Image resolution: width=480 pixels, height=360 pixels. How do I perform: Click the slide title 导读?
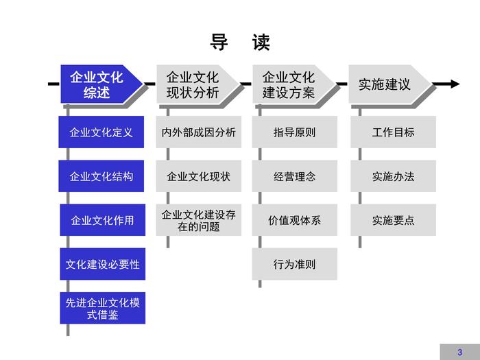coord(240,43)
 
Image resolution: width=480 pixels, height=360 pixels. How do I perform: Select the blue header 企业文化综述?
coord(97,84)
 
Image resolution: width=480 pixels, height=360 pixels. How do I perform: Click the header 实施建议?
coord(385,84)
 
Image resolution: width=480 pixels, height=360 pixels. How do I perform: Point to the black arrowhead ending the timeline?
coord(454,84)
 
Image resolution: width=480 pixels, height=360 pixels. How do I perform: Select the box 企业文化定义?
coord(102,132)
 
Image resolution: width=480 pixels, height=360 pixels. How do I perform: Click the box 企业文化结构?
coord(102,176)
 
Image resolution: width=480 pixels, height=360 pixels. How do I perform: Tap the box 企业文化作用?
coord(102,220)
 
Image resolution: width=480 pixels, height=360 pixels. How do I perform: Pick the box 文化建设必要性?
coord(102,264)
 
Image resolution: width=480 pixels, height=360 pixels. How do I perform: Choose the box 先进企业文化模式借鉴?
coord(102,308)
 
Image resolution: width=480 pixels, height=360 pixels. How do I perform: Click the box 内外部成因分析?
coord(199,132)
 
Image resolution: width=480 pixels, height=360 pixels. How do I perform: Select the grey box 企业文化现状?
coord(199,176)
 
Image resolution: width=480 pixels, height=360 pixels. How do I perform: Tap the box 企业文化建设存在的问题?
coord(199,220)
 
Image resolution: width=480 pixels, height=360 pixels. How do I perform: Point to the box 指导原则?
coord(295,132)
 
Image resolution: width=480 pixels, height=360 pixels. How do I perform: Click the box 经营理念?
coord(295,176)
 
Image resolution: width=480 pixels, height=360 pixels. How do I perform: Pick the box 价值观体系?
coord(295,220)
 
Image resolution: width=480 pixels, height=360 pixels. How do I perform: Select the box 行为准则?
coord(295,264)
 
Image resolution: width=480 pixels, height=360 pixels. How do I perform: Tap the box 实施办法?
coord(394,176)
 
